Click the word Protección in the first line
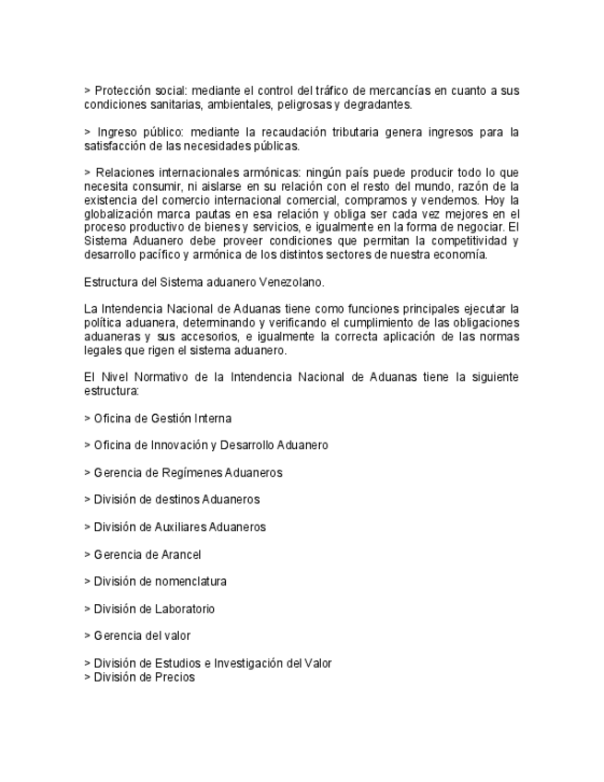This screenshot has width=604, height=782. [124, 90]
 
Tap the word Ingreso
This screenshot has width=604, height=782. [116, 132]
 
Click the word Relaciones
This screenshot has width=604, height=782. [126, 172]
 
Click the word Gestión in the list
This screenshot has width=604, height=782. [169, 418]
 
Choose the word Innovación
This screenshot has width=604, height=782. [173, 445]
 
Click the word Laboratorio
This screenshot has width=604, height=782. [184, 609]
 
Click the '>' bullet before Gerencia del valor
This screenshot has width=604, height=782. [87, 635]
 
